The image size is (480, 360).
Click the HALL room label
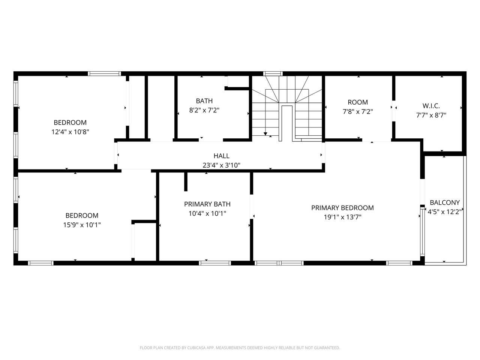[221, 156]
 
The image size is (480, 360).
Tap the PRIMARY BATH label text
[207, 204]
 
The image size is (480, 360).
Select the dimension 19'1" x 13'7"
[342, 217]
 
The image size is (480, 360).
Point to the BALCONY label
[445, 202]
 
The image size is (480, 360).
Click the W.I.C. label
[431, 106]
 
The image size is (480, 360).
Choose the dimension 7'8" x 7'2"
[358, 112]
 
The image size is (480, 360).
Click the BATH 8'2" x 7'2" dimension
[204, 110]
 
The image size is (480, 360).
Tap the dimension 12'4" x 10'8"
[70, 132]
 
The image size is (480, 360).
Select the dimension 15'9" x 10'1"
[82, 225]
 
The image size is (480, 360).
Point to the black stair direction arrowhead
[265, 134]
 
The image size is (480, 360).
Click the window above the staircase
[273, 73]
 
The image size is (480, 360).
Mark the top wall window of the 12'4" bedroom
[104, 73]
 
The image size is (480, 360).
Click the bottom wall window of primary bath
[215, 263]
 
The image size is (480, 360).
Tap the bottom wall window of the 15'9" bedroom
[40, 263]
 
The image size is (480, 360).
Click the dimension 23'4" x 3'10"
[221, 165]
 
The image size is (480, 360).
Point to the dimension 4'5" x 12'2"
[445, 212]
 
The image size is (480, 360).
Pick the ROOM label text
[358, 102]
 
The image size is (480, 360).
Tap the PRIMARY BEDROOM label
[342, 208]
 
